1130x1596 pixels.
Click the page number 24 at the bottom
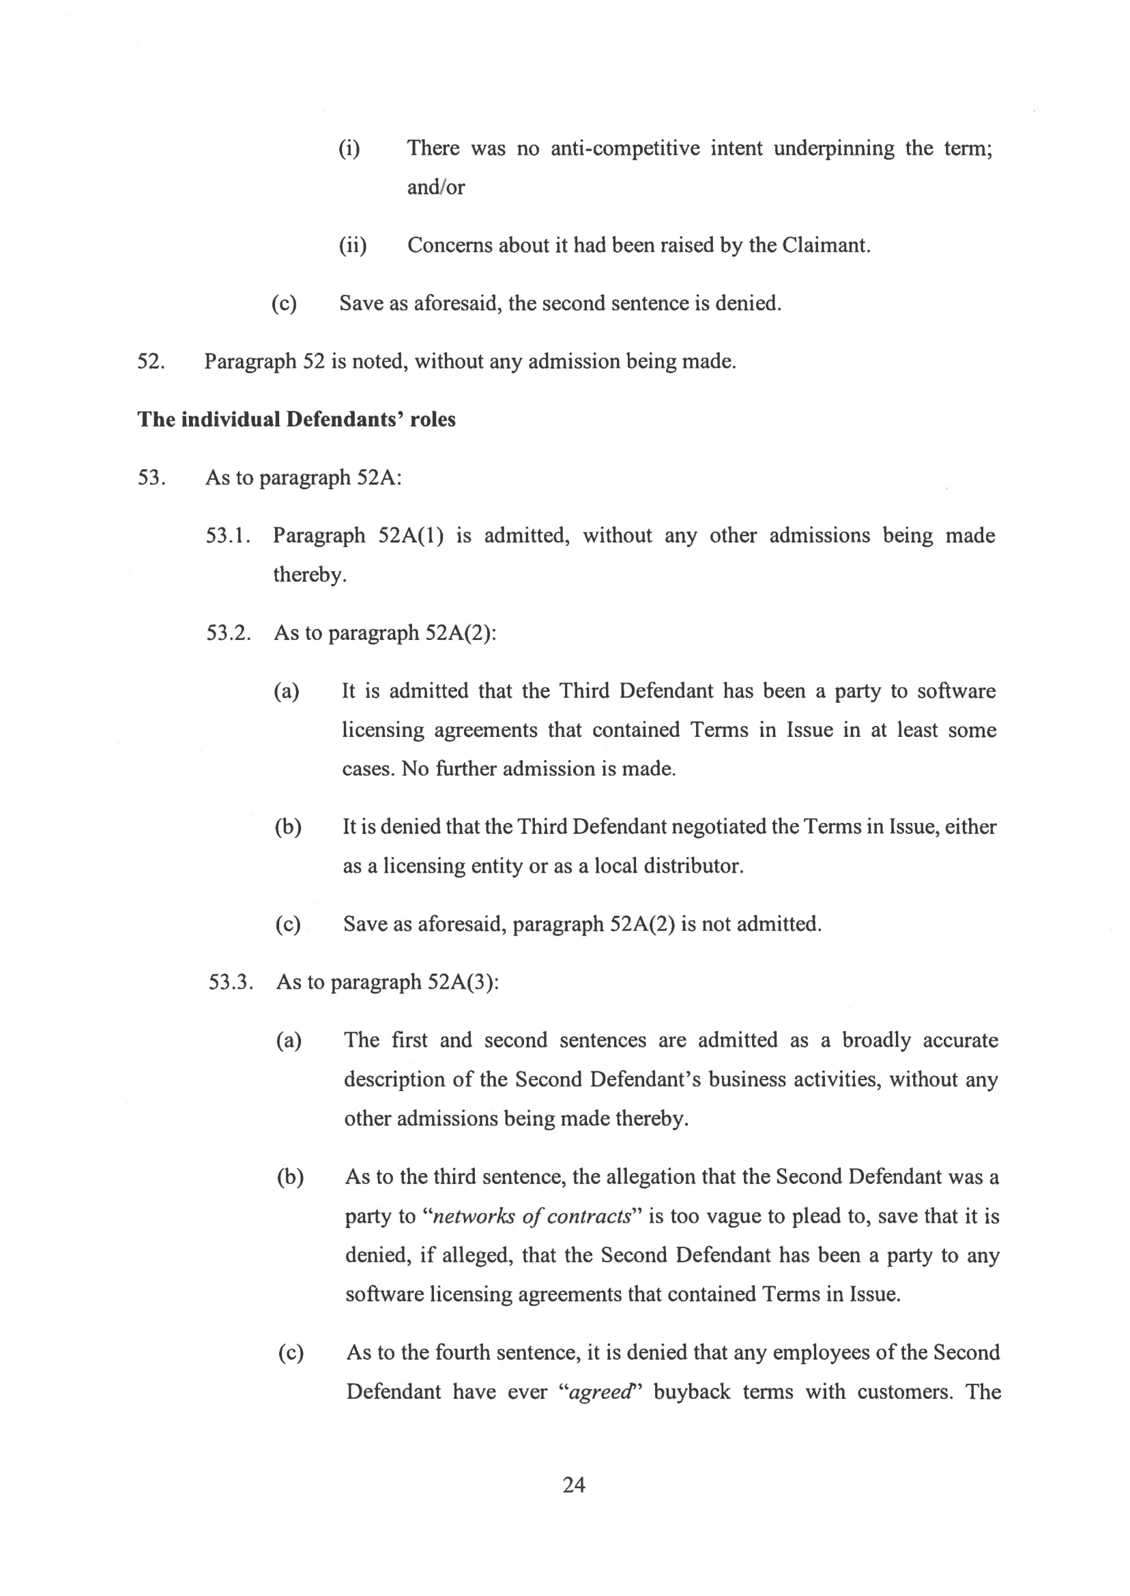pyautogui.click(x=573, y=1485)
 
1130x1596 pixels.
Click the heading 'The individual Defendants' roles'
pyautogui.click(x=296, y=420)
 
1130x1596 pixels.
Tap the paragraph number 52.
pyautogui.click(x=150, y=362)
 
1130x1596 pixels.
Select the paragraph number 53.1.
pyautogui.click(x=227, y=536)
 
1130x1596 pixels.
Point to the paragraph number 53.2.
pyautogui.click(x=228, y=633)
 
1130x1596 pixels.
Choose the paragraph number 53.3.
pyautogui.click(x=231, y=983)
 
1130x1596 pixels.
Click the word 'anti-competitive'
pyautogui.click(x=625, y=148)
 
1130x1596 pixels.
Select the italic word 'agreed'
pyautogui.click(x=600, y=1391)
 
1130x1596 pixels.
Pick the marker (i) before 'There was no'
pyautogui.click(x=349, y=148)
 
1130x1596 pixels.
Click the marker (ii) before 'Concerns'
pyautogui.click(x=352, y=246)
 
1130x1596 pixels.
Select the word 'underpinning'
pyautogui.click(x=834, y=148)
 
